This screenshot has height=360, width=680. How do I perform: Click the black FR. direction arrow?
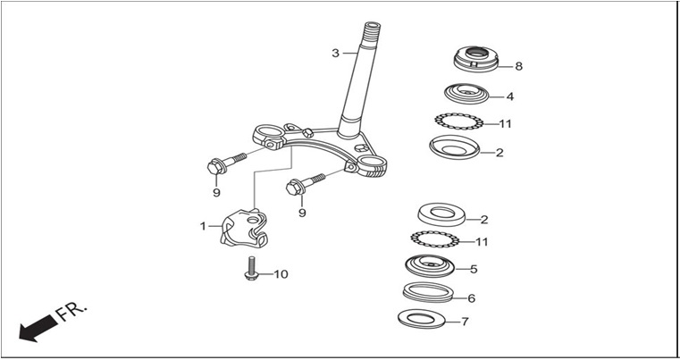[x=38, y=329]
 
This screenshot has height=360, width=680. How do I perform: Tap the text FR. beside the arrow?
[x=72, y=312]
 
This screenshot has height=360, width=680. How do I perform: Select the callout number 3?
[x=336, y=54]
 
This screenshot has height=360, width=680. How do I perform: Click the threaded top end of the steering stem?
[x=372, y=29]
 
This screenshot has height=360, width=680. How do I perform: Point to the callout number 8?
[x=518, y=66]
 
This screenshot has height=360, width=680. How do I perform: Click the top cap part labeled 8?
[x=476, y=59]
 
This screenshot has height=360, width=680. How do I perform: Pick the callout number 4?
[x=510, y=96]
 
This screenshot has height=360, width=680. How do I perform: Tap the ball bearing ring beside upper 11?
[x=458, y=121]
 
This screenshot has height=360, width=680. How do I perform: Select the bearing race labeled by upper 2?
[x=455, y=147]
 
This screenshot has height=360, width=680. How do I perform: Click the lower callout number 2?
[x=484, y=220]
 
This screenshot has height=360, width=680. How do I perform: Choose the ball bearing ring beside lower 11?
[x=434, y=239]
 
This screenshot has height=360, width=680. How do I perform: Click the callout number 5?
[x=474, y=269]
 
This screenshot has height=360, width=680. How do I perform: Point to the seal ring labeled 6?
[x=428, y=292]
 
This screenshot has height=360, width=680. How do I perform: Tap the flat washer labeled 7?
[x=422, y=319]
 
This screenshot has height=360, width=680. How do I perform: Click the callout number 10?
[x=281, y=274]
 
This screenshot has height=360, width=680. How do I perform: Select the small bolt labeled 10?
[x=251, y=269]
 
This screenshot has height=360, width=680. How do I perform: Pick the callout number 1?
[x=203, y=226]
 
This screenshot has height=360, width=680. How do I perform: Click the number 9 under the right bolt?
[x=302, y=213]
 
